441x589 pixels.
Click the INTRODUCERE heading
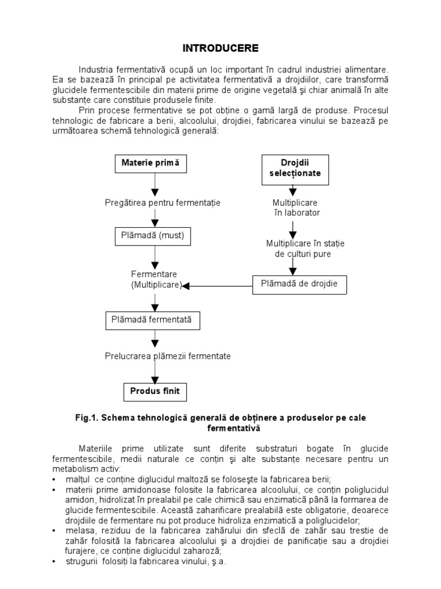click(x=221, y=48)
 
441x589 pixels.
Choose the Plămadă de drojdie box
click(x=299, y=284)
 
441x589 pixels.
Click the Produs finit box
click(x=154, y=392)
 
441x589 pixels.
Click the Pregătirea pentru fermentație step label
click(x=163, y=202)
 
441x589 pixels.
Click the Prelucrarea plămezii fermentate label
click(x=168, y=356)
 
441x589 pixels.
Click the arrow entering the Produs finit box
click(x=154, y=373)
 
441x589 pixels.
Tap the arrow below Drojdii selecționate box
click(x=295, y=190)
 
